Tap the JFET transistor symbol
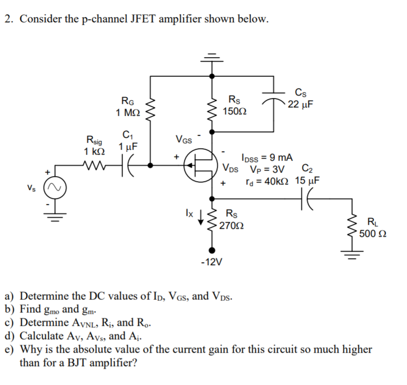click(201, 167)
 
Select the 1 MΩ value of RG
click(127, 113)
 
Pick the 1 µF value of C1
click(128, 147)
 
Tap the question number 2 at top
click(7, 19)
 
